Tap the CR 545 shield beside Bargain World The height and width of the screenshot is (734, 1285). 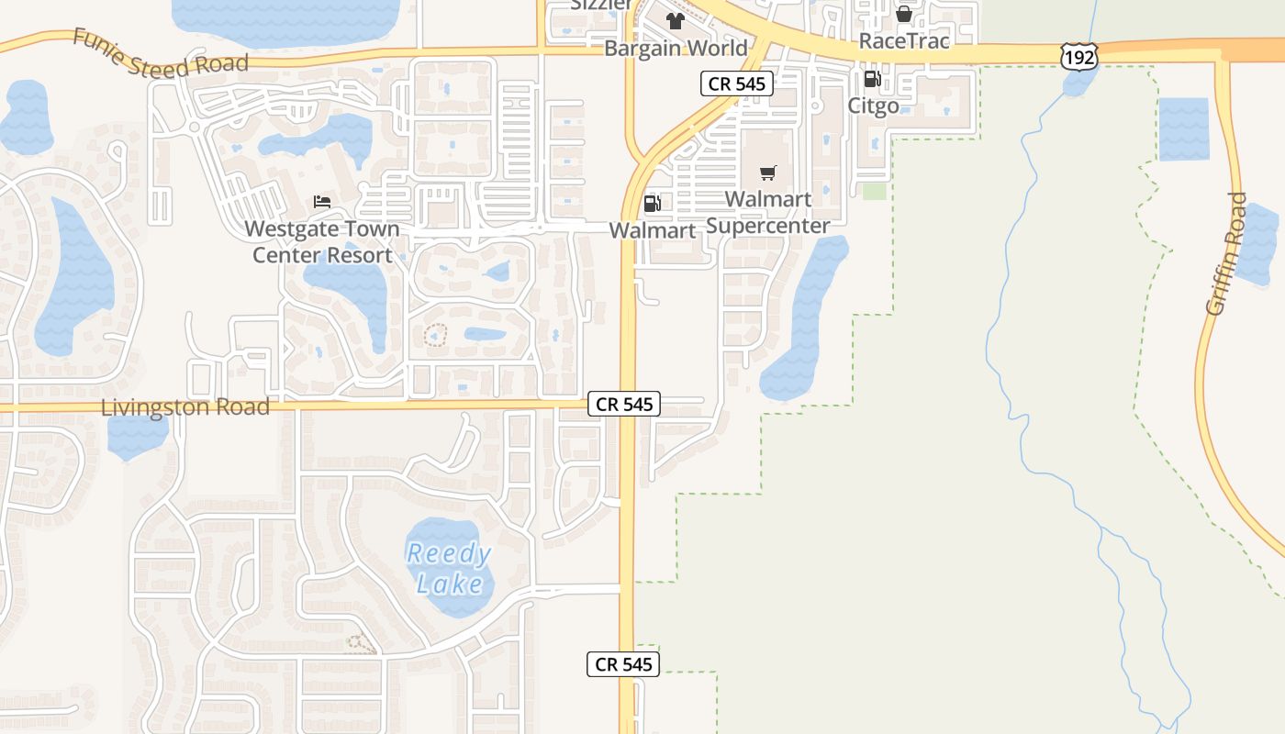[x=737, y=83]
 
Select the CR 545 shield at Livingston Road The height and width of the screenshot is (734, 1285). [x=623, y=404]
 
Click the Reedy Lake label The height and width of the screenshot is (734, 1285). [x=449, y=569]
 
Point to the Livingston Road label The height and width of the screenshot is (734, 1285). [x=184, y=407]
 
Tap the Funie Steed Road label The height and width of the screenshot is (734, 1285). [x=161, y=53]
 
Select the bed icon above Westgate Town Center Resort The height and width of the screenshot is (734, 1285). [x=321, y=201]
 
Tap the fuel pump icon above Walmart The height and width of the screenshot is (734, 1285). [x=652, y=204]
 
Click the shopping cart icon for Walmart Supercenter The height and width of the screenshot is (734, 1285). [x=768, y=172]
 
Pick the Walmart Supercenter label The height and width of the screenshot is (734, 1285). [x=768, y=212]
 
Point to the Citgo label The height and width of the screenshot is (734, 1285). [x=873, y=106]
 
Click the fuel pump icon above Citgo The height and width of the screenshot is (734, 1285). [x=872, y=80]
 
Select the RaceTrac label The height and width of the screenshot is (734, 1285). [x=903, y=40]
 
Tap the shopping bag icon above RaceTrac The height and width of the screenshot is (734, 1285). [x=903, y=14]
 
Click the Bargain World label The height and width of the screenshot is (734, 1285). [x=676, y=48]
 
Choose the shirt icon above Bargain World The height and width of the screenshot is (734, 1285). [x=676, y=21]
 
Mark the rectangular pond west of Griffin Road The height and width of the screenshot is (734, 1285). [x=1184, y=128]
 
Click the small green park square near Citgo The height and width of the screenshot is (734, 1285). [x=875, y=191]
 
